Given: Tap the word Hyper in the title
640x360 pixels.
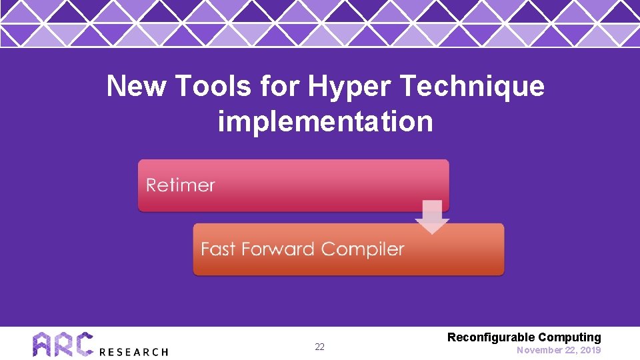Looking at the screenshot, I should coord(335,87).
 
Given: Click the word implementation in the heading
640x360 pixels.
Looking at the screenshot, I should coord(325,122).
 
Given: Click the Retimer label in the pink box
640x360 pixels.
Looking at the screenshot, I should coord(181,185).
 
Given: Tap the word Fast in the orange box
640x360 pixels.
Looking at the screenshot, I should coord(219,249).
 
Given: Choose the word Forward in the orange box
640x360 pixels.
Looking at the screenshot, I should coord(278,249).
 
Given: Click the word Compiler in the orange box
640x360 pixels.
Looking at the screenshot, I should coord(363,249).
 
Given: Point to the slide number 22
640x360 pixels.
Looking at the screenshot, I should coord(319,347).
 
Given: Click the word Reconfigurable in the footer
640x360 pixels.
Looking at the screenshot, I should coord(491,337).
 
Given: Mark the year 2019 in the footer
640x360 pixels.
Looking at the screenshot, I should coord(590,350).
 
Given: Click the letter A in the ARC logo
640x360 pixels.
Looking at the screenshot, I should coord(43,345).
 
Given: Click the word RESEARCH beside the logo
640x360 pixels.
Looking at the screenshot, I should coord(133,351).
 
